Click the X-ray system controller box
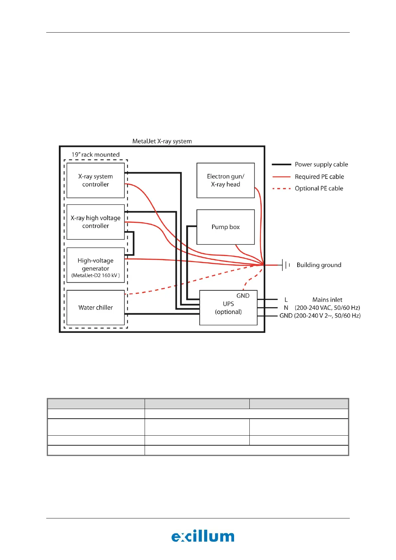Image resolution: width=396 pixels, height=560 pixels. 95,180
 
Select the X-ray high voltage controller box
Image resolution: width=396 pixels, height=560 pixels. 95,222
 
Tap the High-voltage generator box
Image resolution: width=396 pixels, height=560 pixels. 95,264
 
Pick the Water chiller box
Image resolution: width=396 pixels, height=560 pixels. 95,308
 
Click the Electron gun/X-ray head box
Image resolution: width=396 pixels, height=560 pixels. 225,180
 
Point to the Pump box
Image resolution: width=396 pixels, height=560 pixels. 225,227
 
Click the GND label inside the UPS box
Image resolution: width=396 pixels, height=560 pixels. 243,296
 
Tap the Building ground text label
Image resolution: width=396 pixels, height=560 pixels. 319,265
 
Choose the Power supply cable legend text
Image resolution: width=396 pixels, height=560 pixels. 321,164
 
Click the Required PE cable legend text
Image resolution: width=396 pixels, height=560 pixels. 319,177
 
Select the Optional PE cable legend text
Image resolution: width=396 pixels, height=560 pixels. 319,188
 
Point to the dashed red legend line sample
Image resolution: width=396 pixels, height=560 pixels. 281,189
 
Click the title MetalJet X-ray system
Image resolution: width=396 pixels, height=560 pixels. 162,141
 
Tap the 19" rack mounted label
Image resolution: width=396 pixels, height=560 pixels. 95,155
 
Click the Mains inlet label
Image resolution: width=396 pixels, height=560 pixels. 327,300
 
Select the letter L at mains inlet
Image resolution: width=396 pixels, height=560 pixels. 286,300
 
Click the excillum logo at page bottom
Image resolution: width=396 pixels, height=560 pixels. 203,536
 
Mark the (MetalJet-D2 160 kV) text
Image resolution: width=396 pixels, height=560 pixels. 95,275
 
